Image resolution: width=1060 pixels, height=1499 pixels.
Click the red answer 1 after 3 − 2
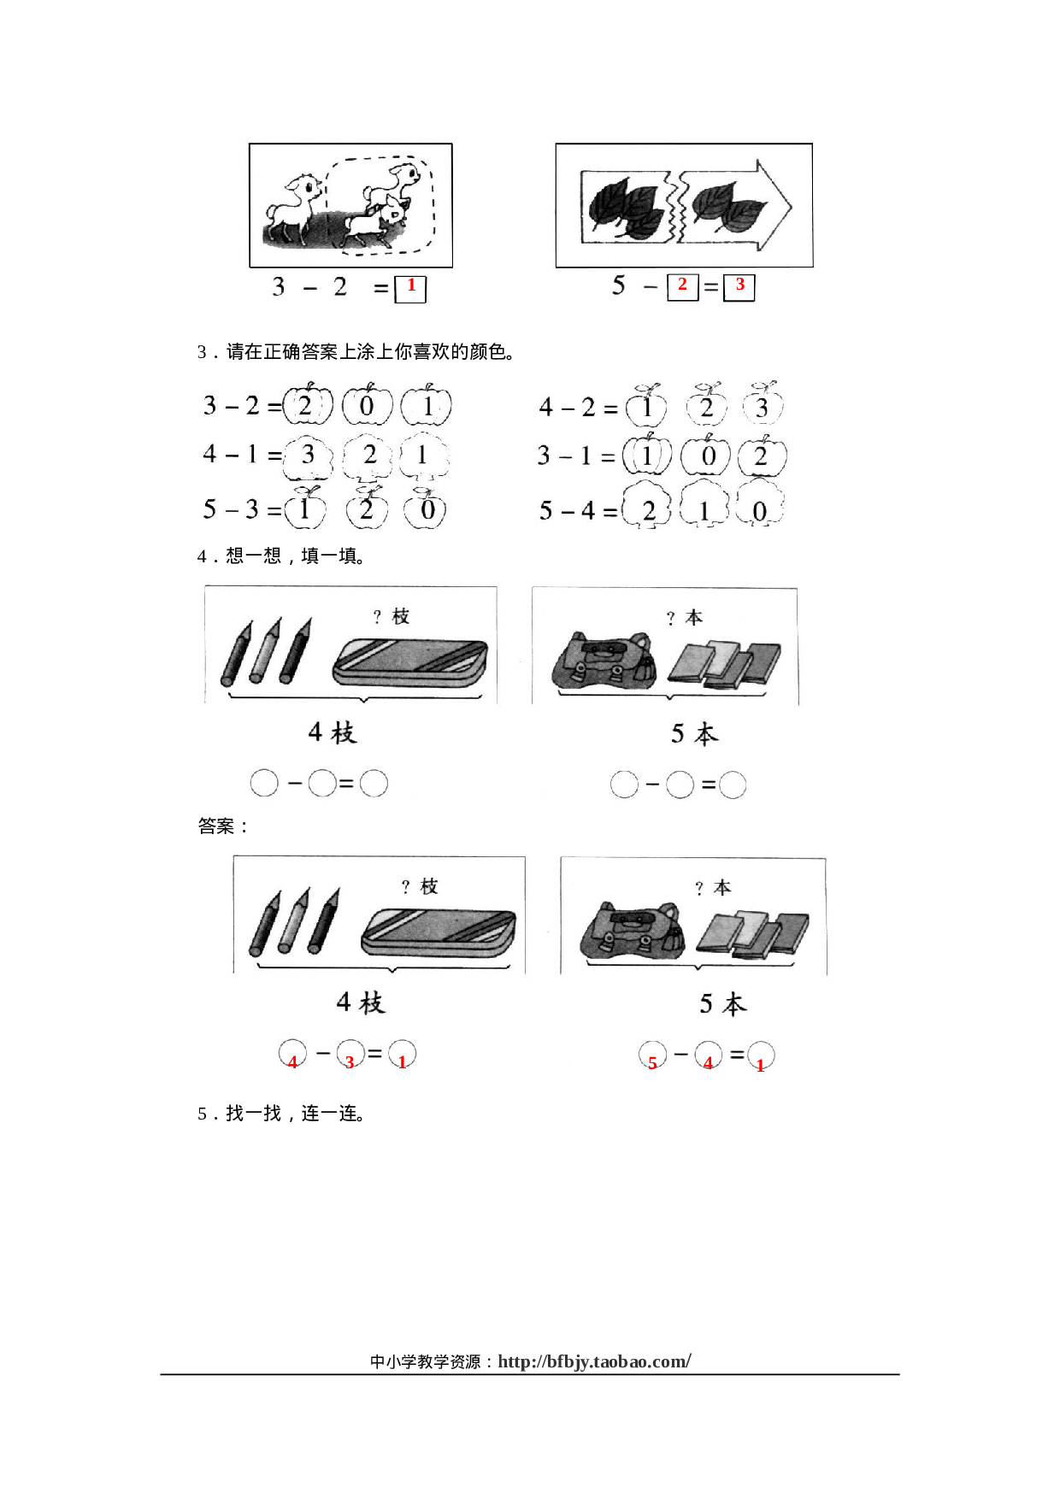(x=410, y=288)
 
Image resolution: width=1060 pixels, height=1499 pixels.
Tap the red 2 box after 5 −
(x=682, y=286)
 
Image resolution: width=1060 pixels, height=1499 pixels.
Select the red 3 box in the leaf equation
(x=739, y=286)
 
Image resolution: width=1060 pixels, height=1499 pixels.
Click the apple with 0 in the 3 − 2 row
(x=367, y=406)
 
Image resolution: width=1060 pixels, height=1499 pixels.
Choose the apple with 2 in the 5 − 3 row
(x=367, y=509)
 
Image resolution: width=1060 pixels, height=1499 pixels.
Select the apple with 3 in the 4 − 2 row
(x=762, y=406)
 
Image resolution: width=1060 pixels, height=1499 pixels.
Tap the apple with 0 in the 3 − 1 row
(x=706, y=456)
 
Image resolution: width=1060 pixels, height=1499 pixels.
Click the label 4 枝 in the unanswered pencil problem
(x=332, y=733)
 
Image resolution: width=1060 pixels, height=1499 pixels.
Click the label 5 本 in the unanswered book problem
(x=694, y=734)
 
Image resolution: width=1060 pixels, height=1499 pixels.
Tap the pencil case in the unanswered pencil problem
(x=410, y=662)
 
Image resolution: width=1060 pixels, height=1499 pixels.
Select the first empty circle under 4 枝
(x=264, y=783)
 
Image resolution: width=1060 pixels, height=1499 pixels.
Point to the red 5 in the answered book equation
(x=652, y=1059)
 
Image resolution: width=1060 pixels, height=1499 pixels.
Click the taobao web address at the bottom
(x=594, y=1361)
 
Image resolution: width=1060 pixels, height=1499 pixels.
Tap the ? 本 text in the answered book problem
(x=713, y=888)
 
